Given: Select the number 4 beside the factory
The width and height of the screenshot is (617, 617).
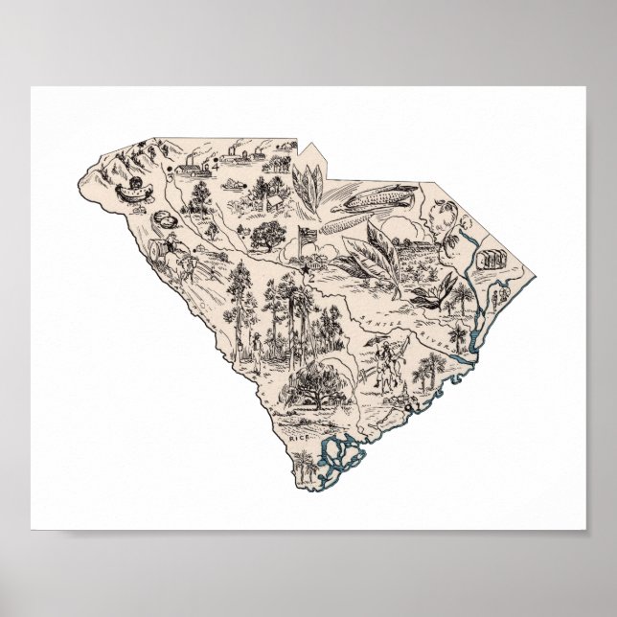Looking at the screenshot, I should pyautogui.click(x=216, y=165).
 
